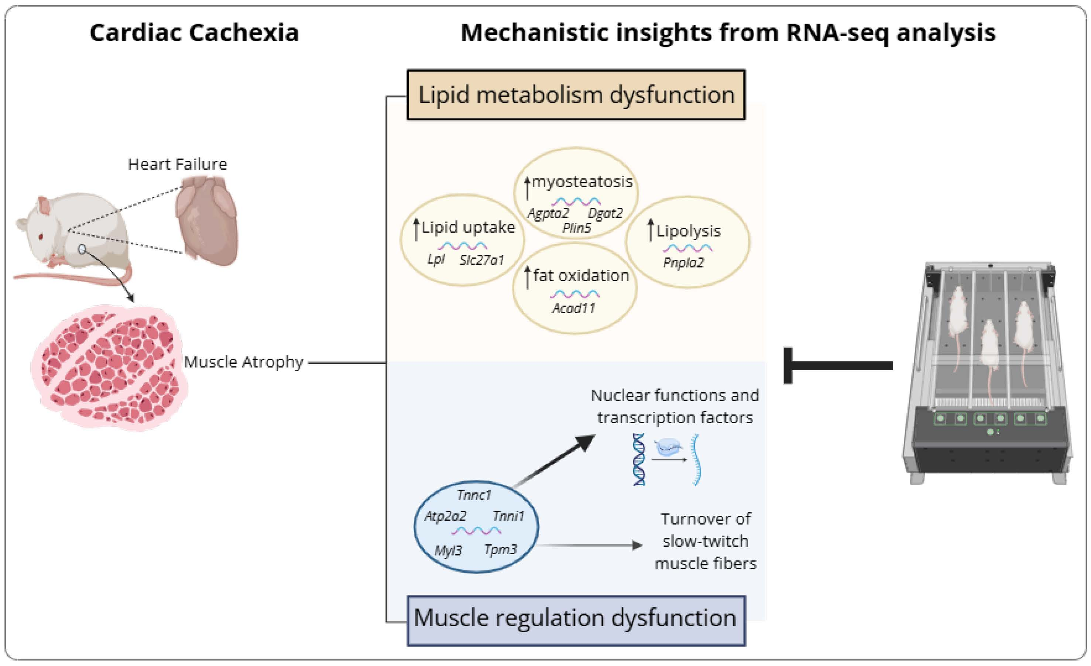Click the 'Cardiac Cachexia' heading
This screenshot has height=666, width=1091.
[194, 33]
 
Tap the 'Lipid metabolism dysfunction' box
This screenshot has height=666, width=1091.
[576, 95]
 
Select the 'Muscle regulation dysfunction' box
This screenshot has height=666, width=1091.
[576, 621]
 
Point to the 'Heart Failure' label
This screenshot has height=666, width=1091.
[178, 164]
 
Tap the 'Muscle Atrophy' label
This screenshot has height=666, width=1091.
[244, 362]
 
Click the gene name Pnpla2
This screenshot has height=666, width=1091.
[683, 262]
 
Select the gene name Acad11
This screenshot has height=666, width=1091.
[573, 308]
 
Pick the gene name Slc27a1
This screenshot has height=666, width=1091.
[482, 260]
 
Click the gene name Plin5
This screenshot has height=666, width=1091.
[576, 228]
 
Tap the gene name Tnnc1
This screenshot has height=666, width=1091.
[474, 495]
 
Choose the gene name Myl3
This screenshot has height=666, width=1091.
[448, 551]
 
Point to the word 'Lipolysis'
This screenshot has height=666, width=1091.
[689, 231]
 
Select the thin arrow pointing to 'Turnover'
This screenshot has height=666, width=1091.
[589, 545]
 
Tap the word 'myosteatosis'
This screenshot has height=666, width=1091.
[582, 182]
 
